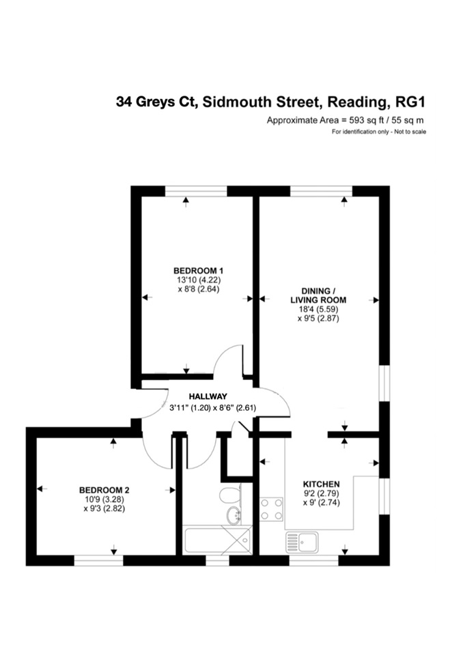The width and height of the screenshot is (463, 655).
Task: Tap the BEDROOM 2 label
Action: (104, 489)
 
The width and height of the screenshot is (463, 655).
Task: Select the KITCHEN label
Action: (315, 483)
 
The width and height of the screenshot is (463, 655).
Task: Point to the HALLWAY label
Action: (208, 396)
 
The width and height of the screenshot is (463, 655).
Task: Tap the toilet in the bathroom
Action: (230, 495)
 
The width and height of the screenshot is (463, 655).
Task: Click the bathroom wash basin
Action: (234, 514)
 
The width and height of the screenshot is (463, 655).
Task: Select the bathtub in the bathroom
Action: (217, 540)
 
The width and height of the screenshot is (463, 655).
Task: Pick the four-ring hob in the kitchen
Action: (272, 510)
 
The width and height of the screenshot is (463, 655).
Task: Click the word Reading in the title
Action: (358, 102)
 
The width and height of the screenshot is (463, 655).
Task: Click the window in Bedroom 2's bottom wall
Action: (98, 560)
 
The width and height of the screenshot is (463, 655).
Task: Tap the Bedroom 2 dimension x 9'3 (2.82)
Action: (104, 508)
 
